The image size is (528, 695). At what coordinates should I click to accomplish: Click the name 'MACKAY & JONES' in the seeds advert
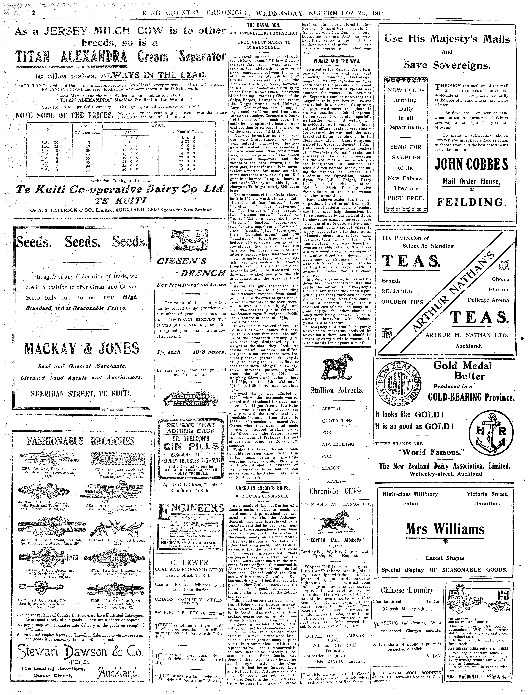81,348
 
